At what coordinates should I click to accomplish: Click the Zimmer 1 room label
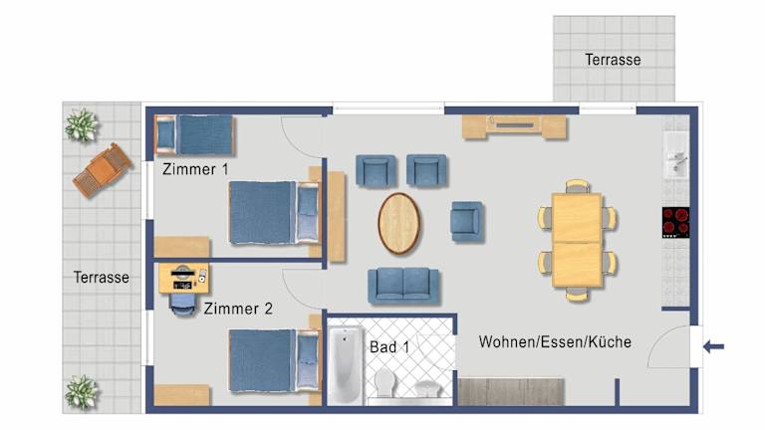[x=195, y=169]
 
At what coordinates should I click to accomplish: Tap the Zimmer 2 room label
[x=238, y=309]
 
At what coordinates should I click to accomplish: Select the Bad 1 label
[x=389, y=347]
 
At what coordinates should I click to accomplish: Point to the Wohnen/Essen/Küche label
[x=555, y=341]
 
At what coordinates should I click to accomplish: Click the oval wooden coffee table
[x=399, y=223]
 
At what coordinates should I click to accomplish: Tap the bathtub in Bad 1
[x=346, y=364]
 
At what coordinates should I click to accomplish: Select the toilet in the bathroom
[x=385, y=382]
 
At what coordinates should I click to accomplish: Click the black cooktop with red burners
[x=675, y=222]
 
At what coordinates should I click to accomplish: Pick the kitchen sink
[x=676, y=156]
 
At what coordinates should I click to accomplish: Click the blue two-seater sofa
[x=403, y=286]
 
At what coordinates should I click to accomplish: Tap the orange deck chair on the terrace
[x=103, y=170]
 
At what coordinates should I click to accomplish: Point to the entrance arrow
[x=713, y=347]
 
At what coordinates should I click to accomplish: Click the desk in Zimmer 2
[x=183, y=278]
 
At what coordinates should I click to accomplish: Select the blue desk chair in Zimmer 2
[x=182, y=304]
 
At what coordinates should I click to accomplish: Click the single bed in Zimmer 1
[x=194, y=135]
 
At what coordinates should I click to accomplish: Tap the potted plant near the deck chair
[x=82, y=124]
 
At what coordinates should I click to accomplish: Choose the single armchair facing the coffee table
[x=467, y=221]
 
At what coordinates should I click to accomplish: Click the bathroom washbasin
[x=428, y=389]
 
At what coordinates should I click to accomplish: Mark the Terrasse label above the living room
[x=613, y=60]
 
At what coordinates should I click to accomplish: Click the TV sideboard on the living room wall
[x=514, y=127]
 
